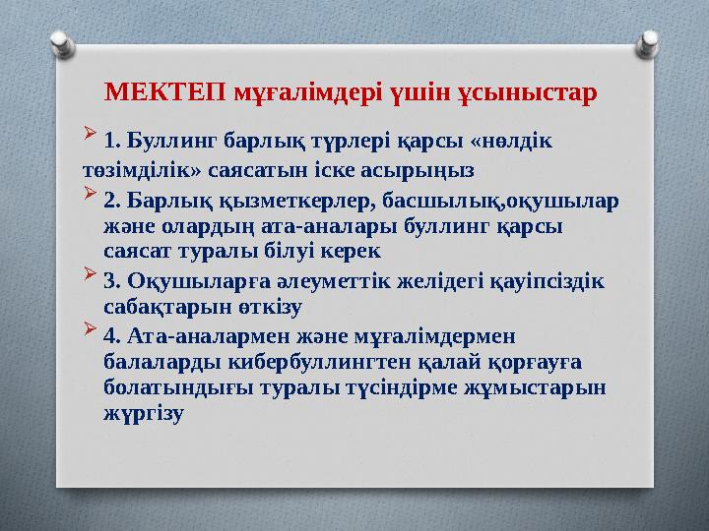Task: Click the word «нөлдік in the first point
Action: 513,140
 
